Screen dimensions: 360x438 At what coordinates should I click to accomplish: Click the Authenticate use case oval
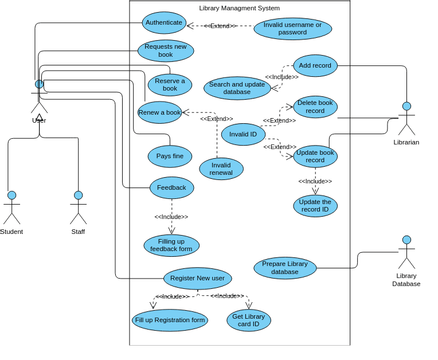click(163, 22)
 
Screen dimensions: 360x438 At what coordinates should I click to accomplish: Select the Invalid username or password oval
click(292, 28)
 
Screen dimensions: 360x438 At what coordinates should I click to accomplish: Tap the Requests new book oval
click(165, 51)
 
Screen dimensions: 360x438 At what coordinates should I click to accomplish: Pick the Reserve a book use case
click(170, 85)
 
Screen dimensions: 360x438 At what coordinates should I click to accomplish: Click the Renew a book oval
click(160, 112)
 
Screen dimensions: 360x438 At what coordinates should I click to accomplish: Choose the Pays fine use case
click(170, 156)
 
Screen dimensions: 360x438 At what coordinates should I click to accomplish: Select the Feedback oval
click(171, 187)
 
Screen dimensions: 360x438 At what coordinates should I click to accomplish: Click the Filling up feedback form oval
click(171, 245)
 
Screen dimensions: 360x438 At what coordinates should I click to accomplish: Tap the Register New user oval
click(197, 278)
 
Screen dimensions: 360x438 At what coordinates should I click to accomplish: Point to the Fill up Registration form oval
click(170, 320)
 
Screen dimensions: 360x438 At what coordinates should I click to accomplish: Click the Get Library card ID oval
click(248, 320)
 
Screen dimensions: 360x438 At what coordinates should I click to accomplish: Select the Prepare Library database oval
click(285, 268)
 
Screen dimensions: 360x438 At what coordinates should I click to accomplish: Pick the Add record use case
click(315, 65)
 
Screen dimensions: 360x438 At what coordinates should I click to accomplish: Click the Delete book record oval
click(314, 107)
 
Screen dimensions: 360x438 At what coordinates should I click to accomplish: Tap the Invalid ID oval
click(243, 134)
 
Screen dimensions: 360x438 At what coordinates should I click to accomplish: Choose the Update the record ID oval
click(315, 206)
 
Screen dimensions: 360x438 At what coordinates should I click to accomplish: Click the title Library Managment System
click(239, 8)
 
